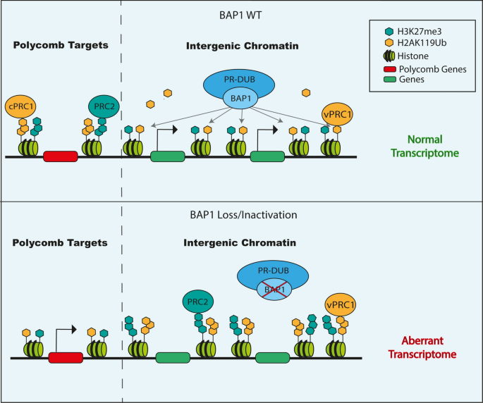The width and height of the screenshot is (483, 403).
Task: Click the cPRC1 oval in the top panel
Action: coord(22,108)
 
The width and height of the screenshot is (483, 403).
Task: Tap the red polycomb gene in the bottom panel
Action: coord(65,358)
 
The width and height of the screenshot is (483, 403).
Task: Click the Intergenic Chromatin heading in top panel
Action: coord(241,46)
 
